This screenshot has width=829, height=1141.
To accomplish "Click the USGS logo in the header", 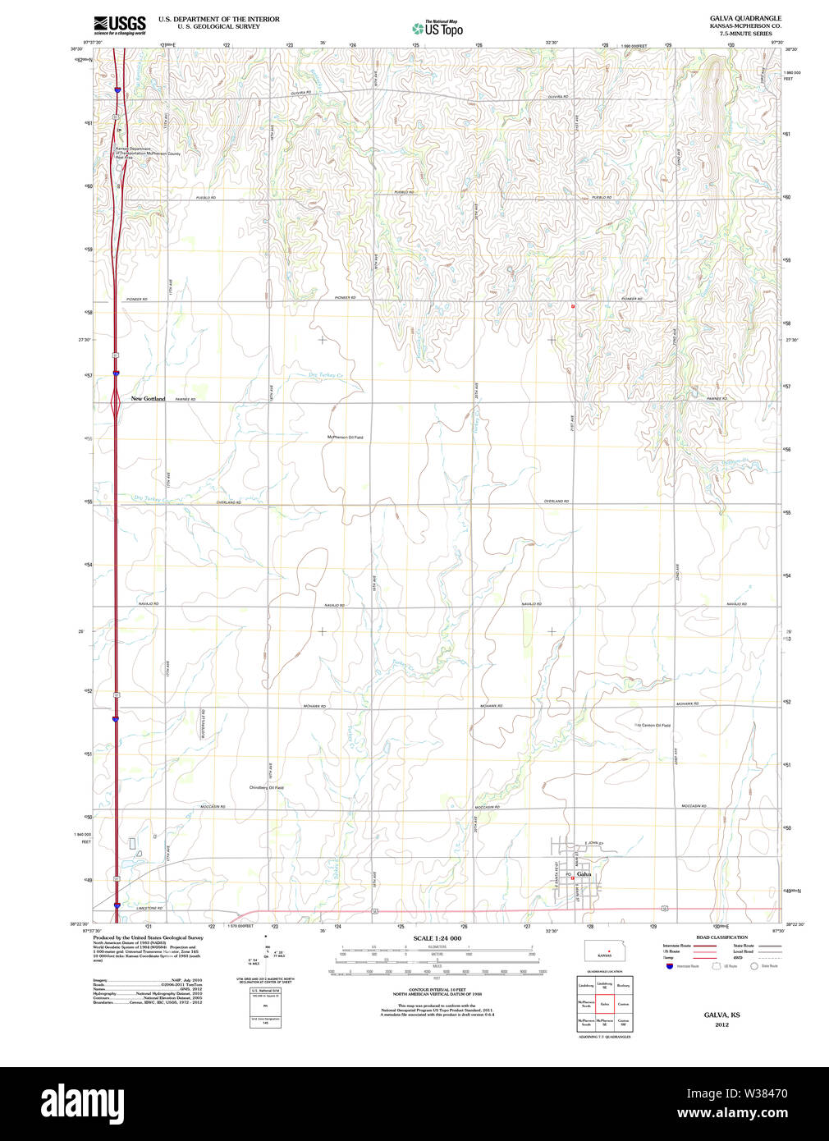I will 120,25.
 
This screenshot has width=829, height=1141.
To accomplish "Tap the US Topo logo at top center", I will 437,29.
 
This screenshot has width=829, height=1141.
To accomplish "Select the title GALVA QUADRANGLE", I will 745,18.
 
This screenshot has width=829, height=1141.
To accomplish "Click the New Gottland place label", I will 148,399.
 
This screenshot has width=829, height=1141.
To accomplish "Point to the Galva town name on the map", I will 584,874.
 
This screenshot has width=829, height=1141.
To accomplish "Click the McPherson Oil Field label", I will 345,438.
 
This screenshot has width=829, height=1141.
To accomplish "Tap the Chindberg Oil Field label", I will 267,788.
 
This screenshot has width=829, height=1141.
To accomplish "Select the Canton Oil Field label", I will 654,726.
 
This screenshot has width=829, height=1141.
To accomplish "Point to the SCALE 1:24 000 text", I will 437,938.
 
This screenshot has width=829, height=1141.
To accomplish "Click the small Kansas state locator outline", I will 605,951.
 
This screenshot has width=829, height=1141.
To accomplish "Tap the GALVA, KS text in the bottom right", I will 721,1015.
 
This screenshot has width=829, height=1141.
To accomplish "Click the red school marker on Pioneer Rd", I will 573,306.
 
